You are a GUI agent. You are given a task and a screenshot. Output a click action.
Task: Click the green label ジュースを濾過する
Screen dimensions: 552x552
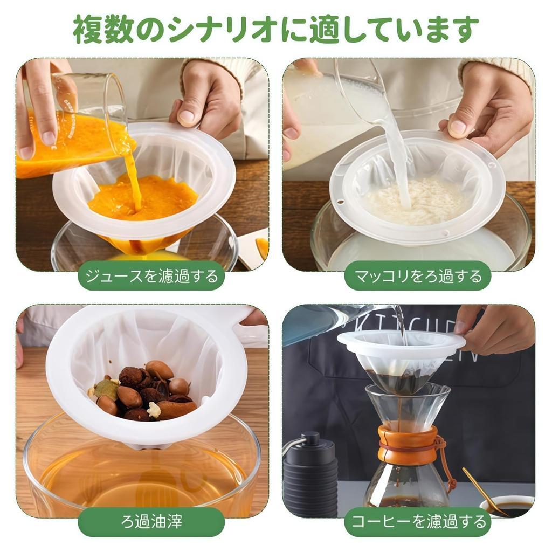coord(151,276)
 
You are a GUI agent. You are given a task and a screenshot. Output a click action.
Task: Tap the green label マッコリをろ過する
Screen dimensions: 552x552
coord(418,276)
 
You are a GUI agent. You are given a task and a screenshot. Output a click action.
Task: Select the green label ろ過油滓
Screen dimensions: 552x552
coord(151,521)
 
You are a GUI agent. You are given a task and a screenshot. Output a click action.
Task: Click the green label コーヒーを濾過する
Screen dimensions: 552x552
coord(418,521)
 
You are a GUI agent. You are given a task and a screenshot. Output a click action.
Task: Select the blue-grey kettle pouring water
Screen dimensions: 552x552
coord(323,323)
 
